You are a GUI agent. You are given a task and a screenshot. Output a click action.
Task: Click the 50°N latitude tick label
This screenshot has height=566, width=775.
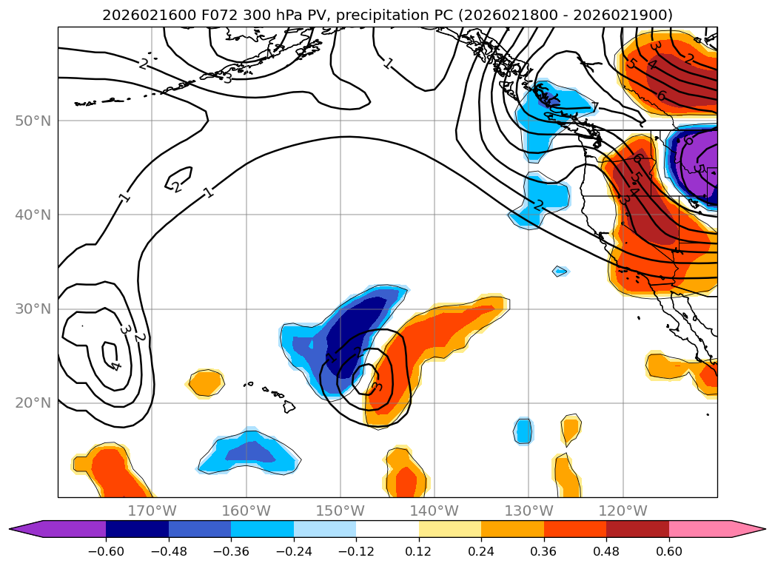click(33, 121)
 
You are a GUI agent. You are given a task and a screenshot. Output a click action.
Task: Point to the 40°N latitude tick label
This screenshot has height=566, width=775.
click(33, 215)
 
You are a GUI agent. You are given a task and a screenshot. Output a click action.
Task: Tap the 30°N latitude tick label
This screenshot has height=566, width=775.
click(33, 309)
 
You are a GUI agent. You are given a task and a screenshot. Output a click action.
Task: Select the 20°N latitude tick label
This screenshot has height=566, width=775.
click(33, 403)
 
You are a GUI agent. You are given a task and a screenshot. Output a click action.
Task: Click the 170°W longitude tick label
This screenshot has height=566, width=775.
click(152, 511)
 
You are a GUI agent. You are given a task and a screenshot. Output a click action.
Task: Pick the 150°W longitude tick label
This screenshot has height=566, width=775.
click(340, 511)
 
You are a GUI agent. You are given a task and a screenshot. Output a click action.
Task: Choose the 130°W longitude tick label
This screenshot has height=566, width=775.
click(529, 511)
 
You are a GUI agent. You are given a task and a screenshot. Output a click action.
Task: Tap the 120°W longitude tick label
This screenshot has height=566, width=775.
click(623, 511)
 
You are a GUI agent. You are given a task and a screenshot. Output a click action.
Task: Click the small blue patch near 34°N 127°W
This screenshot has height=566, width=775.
click(561, 272)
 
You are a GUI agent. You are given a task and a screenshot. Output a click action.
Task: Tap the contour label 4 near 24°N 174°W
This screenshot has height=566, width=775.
click(115, 365)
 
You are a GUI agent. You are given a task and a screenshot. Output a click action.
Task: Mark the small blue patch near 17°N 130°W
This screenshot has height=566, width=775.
click(523, 430)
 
